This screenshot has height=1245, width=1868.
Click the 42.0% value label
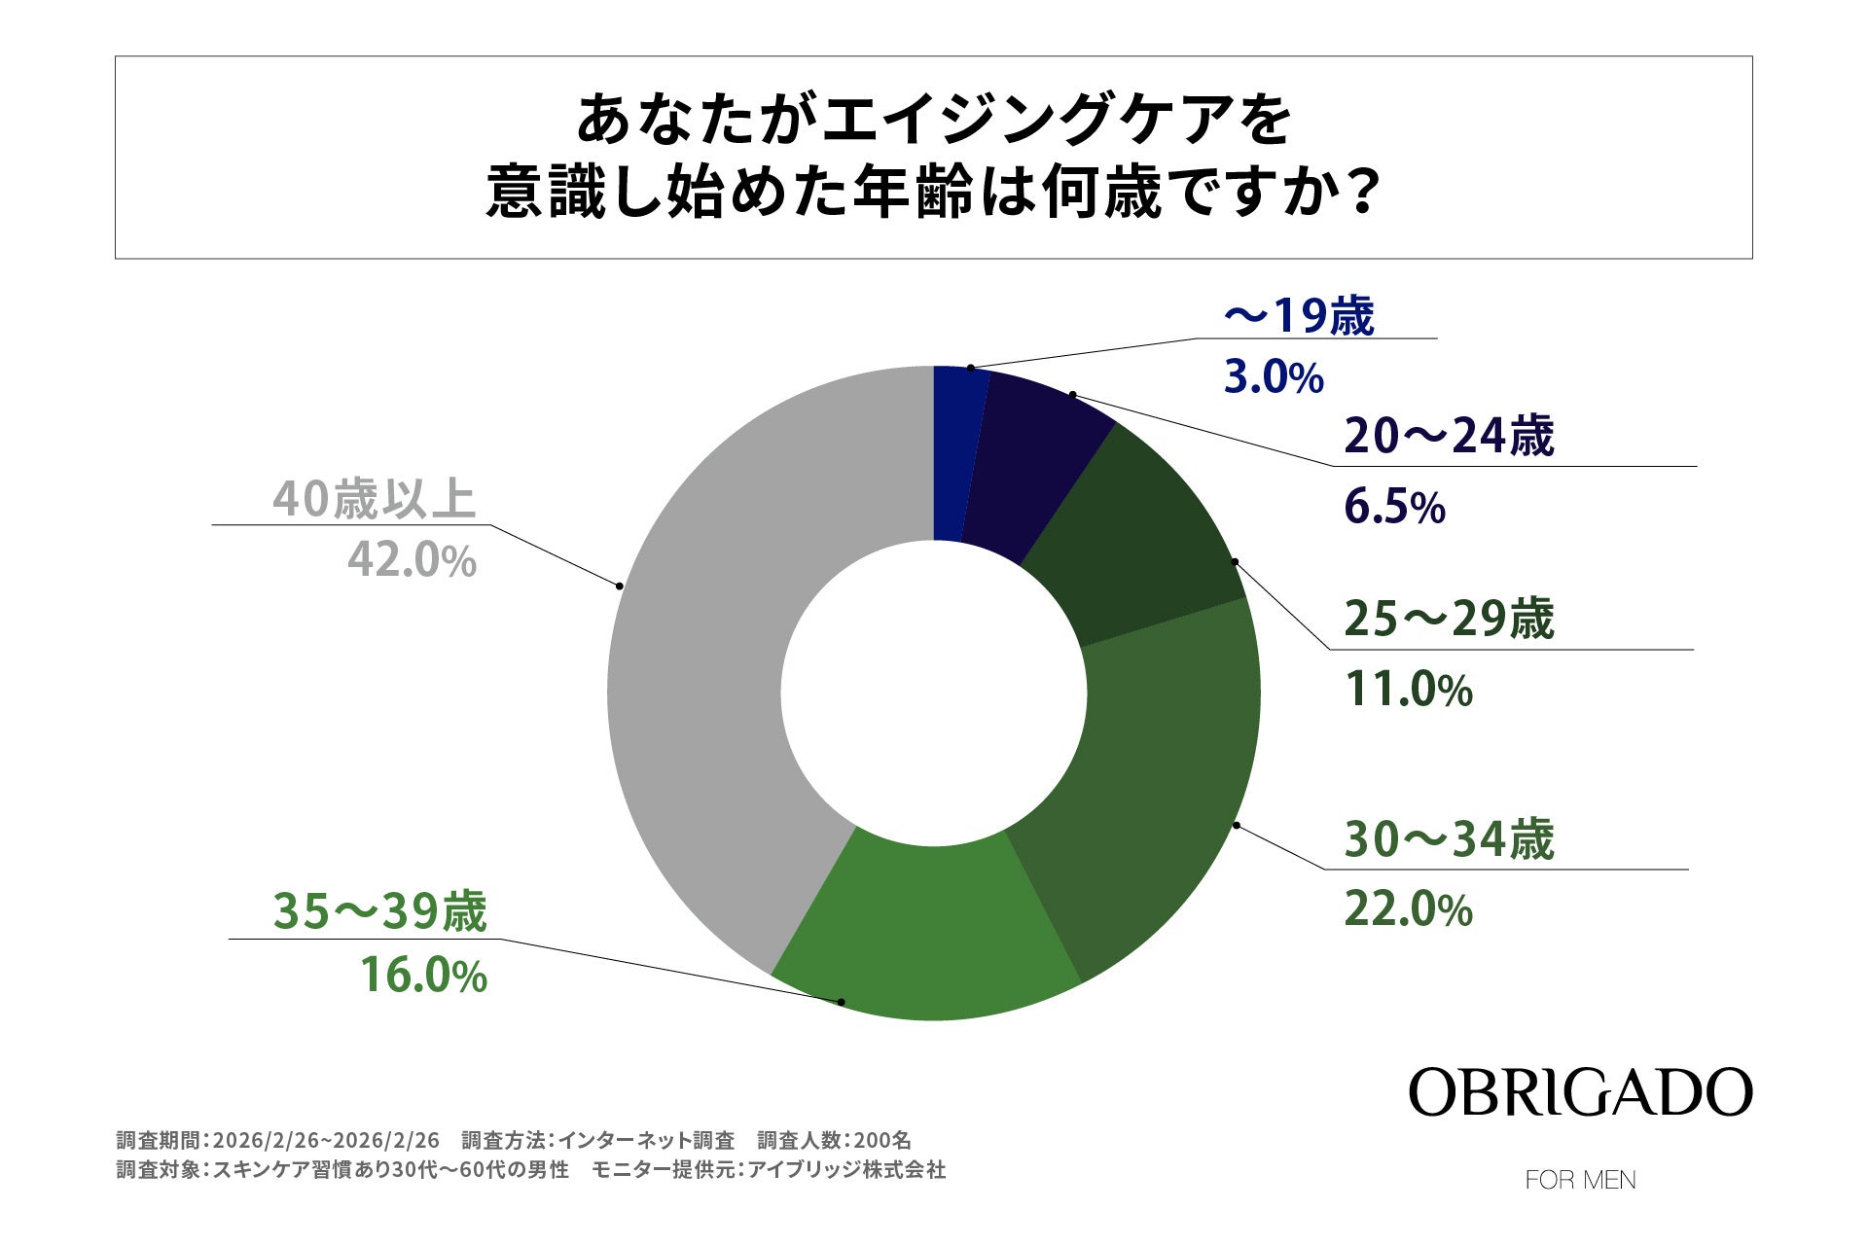pyautogui.click(x=413, y=561)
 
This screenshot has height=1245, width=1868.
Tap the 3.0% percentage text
pyautogui.click(x=1274, y=377)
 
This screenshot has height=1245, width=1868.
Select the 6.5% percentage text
pyautogui.click(x=1394, y=508)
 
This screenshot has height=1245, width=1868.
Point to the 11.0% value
pyautogui.click(x=1408, y=691)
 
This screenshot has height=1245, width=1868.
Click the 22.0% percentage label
pyautogui.click(x=1408, y=910)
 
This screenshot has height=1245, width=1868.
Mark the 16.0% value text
pyautogui.click(x=423, y=976)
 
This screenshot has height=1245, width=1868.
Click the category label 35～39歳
pyautogui.click(x=379, y=912)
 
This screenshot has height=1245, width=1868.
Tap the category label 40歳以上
pyautogui.click(x=374, y=499)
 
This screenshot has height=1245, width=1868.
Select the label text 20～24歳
pyautogui.click(x=1449, y=436)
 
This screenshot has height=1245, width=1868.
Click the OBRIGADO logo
pyautogui.click(x=1580, y=1092)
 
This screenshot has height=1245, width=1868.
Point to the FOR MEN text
pyautogui.click(x=1580, y=1180)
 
